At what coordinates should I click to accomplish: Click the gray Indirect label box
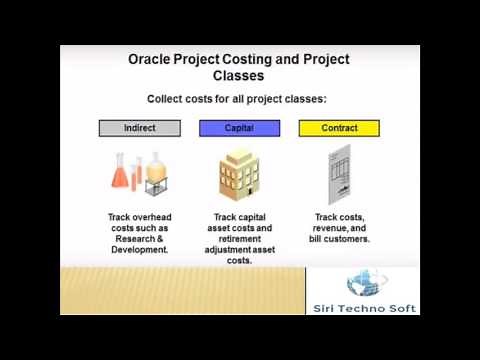tap(140, 128)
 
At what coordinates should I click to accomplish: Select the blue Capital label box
tap(239, 128)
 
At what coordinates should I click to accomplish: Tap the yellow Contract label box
tap(339, 128)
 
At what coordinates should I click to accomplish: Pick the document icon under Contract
tap(341, 175)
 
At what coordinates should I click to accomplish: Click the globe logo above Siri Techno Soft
tap(362, 284)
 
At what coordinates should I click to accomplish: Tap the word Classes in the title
tap(239, 75)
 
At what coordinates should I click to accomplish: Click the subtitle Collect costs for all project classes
tap(237, 99)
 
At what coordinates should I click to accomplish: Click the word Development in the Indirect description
tap(140, 250)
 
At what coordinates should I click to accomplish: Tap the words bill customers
tap(341, 239)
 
